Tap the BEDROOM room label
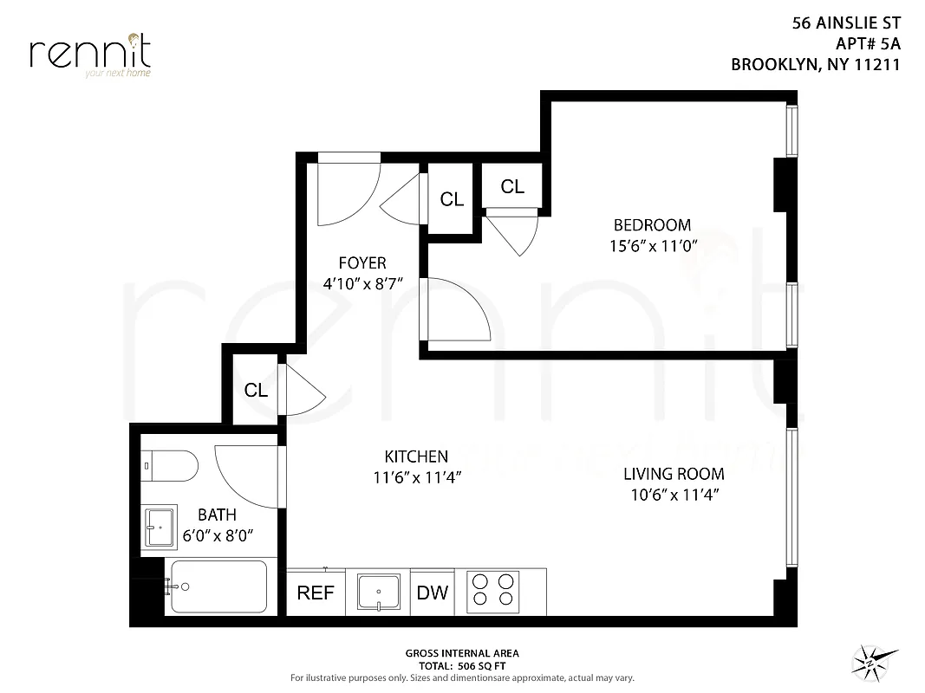coord(649,225)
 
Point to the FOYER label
coord(362,262)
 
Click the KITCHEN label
coord(416,456)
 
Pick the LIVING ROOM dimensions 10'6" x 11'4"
coord(674,495)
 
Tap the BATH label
coord(217,515)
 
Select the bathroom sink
coord(160,527)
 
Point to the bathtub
coord(217,586)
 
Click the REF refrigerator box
coord(316,593)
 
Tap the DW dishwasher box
coord(433,593)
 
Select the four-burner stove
coord(492,592)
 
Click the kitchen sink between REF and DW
coord(378,593)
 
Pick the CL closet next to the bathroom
coord(256,390)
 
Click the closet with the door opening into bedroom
coord(512,186)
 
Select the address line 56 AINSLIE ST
coord(846,23)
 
